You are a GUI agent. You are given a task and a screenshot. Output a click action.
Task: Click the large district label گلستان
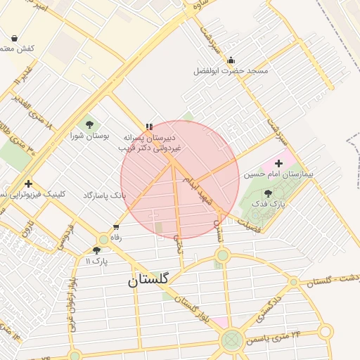click(148, 279)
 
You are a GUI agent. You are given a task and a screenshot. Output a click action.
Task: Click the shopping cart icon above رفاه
click(116, 227)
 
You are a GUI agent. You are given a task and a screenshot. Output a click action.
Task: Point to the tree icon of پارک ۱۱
click(96, 250)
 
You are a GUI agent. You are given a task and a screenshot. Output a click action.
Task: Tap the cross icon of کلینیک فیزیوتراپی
click(28, 184)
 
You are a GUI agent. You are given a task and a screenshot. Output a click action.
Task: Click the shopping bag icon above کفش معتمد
click(15, 38)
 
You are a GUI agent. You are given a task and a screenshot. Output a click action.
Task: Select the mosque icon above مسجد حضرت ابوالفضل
click(231, 60)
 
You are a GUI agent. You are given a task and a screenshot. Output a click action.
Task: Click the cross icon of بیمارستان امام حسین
click(278, 163)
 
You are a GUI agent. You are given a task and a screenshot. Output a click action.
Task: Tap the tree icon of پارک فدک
click(268, 193)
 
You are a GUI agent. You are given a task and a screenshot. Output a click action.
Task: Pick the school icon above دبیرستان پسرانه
click(148, 127)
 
